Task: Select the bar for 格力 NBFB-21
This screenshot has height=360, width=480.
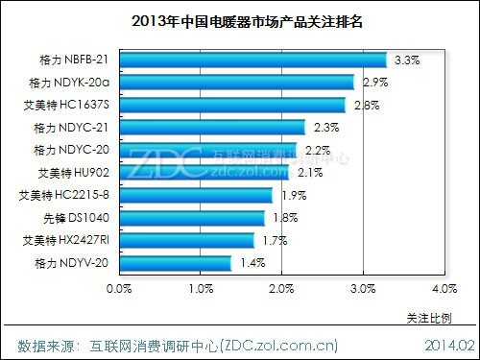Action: click(x=252, y=60)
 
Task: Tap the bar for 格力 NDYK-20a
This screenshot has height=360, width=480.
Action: click(x=236, y=83)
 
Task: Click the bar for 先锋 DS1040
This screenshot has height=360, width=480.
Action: click(x=192, y=218)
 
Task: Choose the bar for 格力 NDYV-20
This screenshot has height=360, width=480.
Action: click(x=176, y=263)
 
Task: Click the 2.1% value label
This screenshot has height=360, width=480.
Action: click(x=310, y=173)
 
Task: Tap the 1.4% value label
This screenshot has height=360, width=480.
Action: click(x=253, y=263)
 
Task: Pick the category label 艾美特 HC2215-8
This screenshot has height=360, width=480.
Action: click(x=64, y=195)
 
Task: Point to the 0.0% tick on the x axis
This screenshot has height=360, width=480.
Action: click(x=119, y=288)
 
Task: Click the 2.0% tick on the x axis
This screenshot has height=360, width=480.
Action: click(x=281, y=288)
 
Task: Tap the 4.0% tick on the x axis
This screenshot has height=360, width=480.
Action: click(x=444, y=288)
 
